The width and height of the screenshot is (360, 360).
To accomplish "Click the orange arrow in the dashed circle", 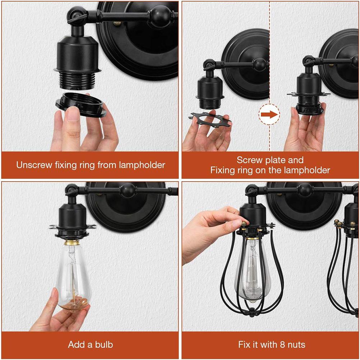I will [x=269, y=115].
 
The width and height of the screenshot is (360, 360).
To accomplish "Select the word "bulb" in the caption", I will [x=103, y=345].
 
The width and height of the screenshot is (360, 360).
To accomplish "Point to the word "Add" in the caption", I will [x=76, y=345].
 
